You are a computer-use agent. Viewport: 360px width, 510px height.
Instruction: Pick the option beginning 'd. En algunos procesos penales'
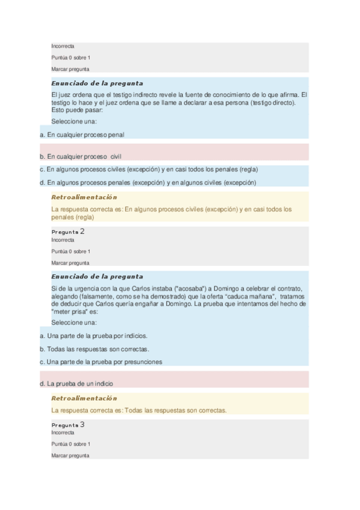(147, 182)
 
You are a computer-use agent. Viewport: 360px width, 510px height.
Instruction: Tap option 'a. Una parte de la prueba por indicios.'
(93, 336)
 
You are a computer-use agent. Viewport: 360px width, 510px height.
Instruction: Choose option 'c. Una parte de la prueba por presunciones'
(100, 362)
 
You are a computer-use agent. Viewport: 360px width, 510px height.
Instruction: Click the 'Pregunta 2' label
(68, 231)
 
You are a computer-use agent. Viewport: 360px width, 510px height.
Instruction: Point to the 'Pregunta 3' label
(68, 425)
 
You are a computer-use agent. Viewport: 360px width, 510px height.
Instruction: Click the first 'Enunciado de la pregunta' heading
(97, 83)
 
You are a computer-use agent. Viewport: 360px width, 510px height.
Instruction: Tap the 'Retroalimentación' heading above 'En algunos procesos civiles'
(84, 197)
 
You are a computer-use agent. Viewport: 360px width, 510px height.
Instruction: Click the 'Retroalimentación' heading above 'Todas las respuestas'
(84, 398)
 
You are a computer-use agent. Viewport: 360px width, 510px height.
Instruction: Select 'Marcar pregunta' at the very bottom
(70, 455)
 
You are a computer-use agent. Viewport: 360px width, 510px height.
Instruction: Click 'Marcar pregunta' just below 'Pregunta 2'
(70, 263)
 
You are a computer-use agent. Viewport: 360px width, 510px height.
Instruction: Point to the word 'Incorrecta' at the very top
(63, 46)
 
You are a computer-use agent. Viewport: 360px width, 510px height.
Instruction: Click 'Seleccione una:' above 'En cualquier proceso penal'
(74, 121)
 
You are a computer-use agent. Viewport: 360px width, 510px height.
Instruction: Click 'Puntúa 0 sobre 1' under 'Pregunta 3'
(71, 444)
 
